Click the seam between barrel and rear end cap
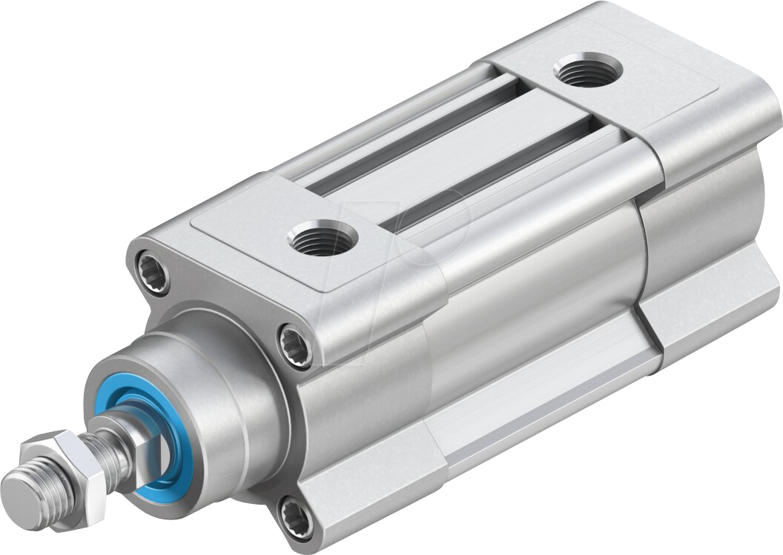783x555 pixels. click(642, 245)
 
